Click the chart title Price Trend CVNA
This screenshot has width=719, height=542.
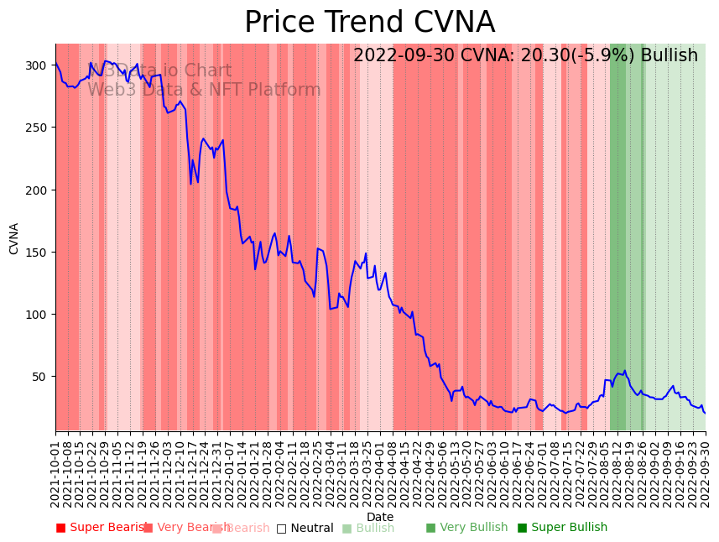click(x=369, y=23)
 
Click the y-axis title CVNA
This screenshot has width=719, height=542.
click(x=14, y=238)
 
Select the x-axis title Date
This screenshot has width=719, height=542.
click(x=380, y=517)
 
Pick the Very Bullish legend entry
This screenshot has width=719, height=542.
click(x=466, y=528)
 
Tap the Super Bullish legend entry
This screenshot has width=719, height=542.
click(x=562, y=528)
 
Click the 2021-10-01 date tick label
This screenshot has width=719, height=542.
click(x=56, y=471)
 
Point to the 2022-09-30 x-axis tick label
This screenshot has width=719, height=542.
click(x=706, y=471)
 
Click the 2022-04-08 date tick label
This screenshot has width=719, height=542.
click(x=393, y=471)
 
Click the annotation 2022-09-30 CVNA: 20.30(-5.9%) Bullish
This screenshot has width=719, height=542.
click(x=525, y=56)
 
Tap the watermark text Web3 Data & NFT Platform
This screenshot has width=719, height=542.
click(x=204, y=90)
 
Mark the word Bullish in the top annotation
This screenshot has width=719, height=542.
click(x=669, y=56)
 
